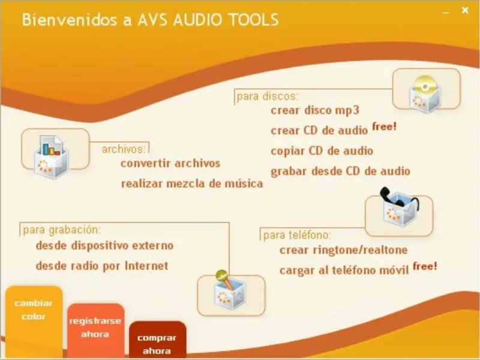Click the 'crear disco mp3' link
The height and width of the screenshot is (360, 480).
314,110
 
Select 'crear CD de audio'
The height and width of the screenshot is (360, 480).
319,130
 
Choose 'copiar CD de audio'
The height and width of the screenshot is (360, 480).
322,151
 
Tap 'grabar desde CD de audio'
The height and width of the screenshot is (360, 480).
340,171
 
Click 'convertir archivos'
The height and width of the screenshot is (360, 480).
170,163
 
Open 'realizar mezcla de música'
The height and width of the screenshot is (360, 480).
191,184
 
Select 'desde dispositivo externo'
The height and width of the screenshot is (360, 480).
104,245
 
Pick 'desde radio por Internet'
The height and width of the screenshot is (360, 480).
101,266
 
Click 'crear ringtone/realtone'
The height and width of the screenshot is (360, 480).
343,250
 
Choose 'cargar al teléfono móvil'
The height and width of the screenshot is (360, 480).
344,270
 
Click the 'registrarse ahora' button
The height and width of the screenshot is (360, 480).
95,327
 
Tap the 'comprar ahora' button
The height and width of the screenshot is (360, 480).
157,344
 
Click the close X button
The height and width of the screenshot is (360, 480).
465,10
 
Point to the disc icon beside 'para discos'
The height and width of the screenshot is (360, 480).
426,89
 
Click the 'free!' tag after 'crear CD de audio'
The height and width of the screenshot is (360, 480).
385,127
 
